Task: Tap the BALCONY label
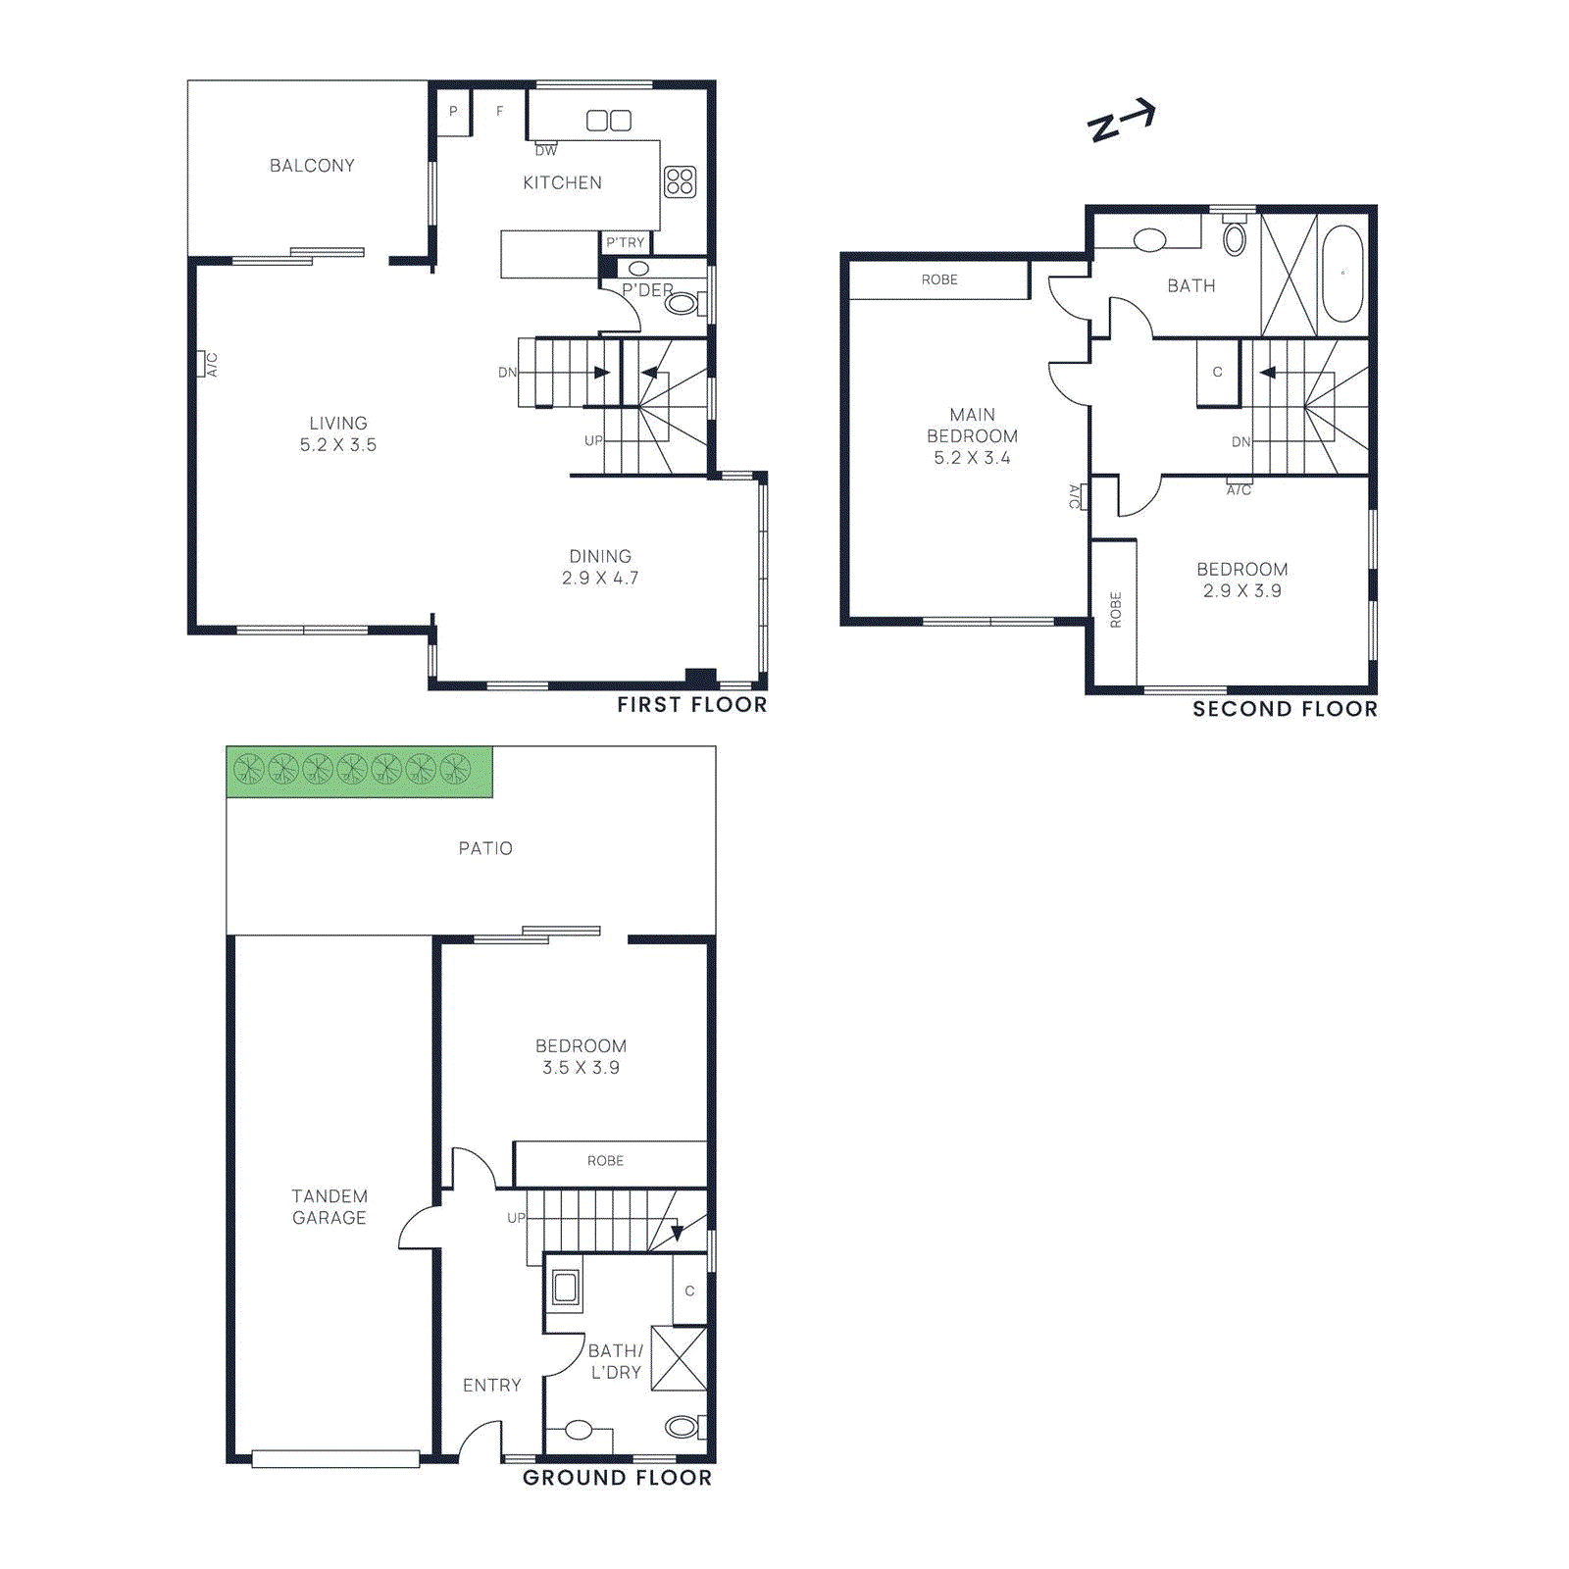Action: (312, 166)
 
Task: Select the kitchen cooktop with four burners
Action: (680, 181)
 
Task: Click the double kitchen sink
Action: (608, 121)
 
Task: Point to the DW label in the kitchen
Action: (546, 150)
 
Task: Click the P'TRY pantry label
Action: (625, 242)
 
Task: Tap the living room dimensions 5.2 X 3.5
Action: (337, 445)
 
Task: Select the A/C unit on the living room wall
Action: (208, 364)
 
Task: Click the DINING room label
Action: (600, 556)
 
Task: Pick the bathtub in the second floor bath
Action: (1341, 274)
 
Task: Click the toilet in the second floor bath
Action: (1235, 236)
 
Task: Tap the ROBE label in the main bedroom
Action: (938, 280)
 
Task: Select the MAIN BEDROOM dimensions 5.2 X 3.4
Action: (971, 458)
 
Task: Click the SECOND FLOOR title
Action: (1284, 709)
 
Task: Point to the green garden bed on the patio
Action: (359, 771)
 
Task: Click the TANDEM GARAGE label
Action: (329, 1207)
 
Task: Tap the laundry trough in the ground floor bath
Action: (565, 1287)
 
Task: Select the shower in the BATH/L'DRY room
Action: (679, 1358)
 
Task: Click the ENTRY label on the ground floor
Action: (491, 1386)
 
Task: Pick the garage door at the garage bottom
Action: (335, 1459)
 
